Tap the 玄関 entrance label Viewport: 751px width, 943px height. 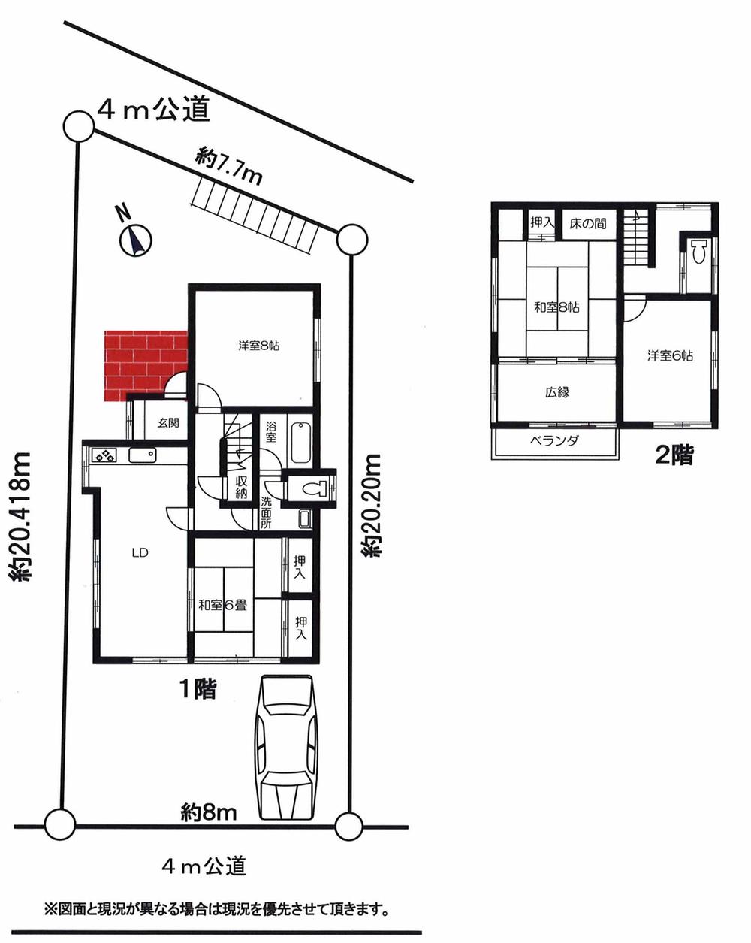168,423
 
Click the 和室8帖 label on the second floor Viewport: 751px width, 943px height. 556,307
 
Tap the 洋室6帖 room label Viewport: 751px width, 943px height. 671,355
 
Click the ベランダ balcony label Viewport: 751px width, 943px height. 553,442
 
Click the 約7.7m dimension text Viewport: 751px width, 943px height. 228,167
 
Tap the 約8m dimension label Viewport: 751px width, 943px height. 210,812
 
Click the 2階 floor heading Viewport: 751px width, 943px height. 674,455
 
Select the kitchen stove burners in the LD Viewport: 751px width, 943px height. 104,455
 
